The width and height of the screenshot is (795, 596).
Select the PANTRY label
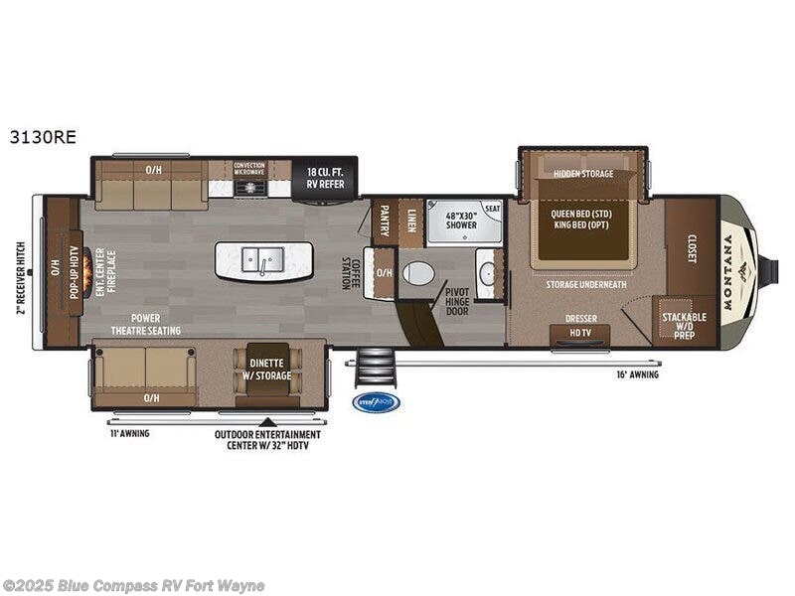(x=385, y=219)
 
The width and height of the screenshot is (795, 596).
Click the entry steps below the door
(x=375, y=370)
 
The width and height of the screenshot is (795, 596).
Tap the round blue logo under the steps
(x=376, y=402)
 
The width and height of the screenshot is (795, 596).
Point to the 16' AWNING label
(x=638, y=374)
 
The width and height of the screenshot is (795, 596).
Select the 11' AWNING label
(x=129, y=433)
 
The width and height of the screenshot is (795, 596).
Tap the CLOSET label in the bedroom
(x=692, y=248)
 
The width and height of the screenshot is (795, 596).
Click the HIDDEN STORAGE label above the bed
(x=583, y=174)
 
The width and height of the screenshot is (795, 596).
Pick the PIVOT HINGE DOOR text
(x=459, y=298)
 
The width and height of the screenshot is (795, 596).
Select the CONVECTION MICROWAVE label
(x=250, y=168)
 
